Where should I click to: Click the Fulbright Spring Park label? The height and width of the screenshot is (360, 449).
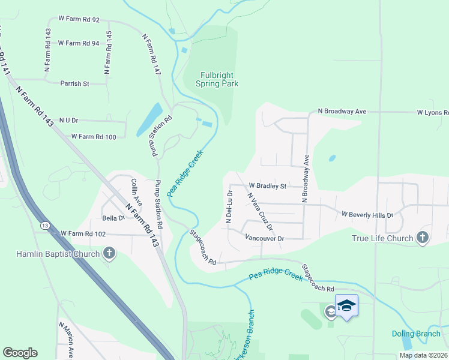[217, 79]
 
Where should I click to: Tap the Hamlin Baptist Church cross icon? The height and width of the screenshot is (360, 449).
[109, 254]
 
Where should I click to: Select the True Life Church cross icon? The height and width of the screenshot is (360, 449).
[422, 238]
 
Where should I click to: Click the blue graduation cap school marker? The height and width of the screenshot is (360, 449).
[346, 306]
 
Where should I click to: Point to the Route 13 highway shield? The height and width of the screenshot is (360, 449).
[46, 224]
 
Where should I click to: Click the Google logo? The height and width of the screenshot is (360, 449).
[20, 353]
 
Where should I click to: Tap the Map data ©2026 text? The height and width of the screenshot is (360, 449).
[423, 355]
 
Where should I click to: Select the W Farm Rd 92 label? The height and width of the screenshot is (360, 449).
[79, 20]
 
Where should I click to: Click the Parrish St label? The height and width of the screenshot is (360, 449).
[74, 83]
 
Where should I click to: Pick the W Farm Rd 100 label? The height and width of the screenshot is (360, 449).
[94, 137]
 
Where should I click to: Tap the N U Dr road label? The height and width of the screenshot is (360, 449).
[65, 121]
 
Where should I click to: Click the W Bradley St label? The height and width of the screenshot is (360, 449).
[267, 186]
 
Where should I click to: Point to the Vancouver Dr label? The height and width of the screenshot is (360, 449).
[264, 238]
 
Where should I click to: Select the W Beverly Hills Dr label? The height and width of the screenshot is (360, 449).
[367, 214]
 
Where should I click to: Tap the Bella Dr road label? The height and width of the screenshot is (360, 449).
[113, 218]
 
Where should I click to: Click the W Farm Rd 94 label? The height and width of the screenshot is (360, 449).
[79, 43]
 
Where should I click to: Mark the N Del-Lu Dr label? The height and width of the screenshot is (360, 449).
[229, 207]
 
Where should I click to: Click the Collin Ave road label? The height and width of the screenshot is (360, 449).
[135, 191]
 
